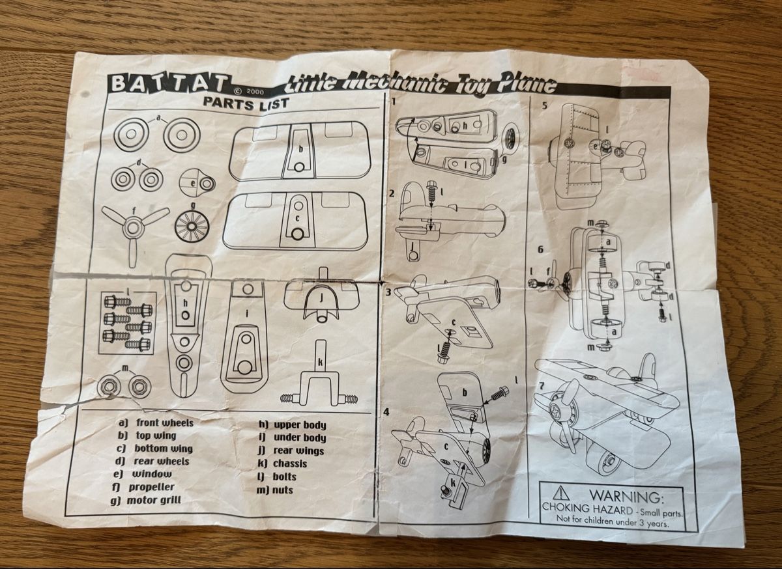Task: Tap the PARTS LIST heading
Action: (x=246, y=103)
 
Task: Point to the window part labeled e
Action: (x=197, y=183)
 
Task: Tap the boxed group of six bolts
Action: (x=128, y=323)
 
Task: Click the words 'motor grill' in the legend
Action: (x=154, y=500)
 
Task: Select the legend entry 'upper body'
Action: (x=300, y=425)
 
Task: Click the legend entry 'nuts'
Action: (x=282, y=490)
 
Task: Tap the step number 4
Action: (x=386, y=412)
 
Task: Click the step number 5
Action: (x=545, y=106)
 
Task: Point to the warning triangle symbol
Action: (x=560, y=493)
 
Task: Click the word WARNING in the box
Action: (x=626, y=496)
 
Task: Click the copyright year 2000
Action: (x=255, y=92)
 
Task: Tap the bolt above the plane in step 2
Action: (x=432, y=193)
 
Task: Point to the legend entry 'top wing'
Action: (x=156, y=436)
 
